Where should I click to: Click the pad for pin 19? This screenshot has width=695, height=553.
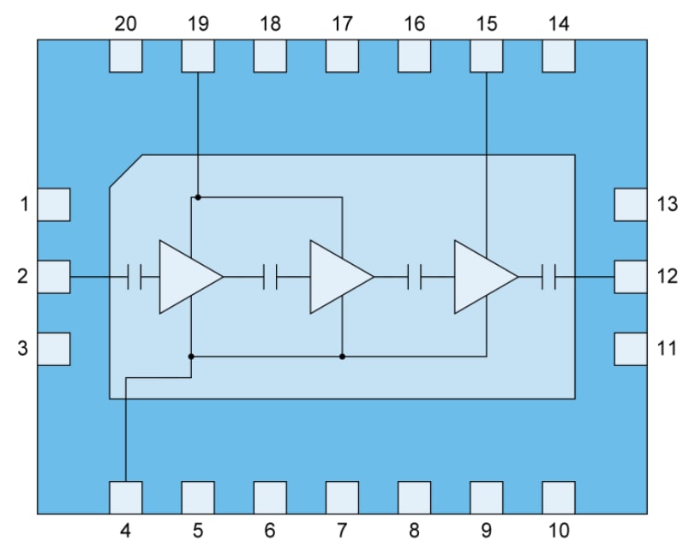pyautogui.click(x=198, y=56)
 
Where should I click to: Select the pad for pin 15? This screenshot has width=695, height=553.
pyautogui.click(x=486, y=56)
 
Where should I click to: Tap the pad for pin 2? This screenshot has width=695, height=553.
pyautogui.click(x=54, y=277)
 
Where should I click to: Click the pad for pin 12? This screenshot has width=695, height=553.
pyautogui.click(x=631, y=277)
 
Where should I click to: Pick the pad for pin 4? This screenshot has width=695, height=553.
pyautogui.click(x=126, y=497)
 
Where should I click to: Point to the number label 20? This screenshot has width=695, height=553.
pyautogui.click(x=126, y=25)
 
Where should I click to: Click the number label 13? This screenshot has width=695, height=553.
pyautogui.click(x=667, y=205)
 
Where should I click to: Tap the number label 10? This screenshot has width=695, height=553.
pyautogui.click(x=558, y=531)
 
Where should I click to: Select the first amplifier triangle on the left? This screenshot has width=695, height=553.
pyautogui.click(x=187, y=277)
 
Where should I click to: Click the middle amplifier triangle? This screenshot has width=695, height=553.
pyautogui.click(x=338, y=277)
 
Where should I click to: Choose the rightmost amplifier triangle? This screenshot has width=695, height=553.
pyautogui.click(x=482, y=277)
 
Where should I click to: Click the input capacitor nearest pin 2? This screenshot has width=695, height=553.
pyautogui.click(x=134, y=277)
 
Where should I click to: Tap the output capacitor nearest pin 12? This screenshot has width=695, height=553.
pyautogui.click(x=549, y=277)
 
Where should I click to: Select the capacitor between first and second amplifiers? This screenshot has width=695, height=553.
pyautogui.click(x=271, y=277)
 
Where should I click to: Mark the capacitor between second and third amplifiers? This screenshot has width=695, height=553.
pyautogui.click(x=415, y=277)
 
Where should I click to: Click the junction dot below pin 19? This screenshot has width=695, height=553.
pyautogui.click(x=198, y=197)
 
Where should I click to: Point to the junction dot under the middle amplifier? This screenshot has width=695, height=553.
pyautogui.click(x=342, y=356)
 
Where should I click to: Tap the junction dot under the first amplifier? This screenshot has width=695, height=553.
pyautogui.click(x=191, y=356)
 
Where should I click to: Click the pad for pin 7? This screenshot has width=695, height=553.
pyautogui.click(x=342, y=497)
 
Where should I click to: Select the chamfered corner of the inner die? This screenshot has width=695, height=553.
pyautogui.click(x=126, y=171)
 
